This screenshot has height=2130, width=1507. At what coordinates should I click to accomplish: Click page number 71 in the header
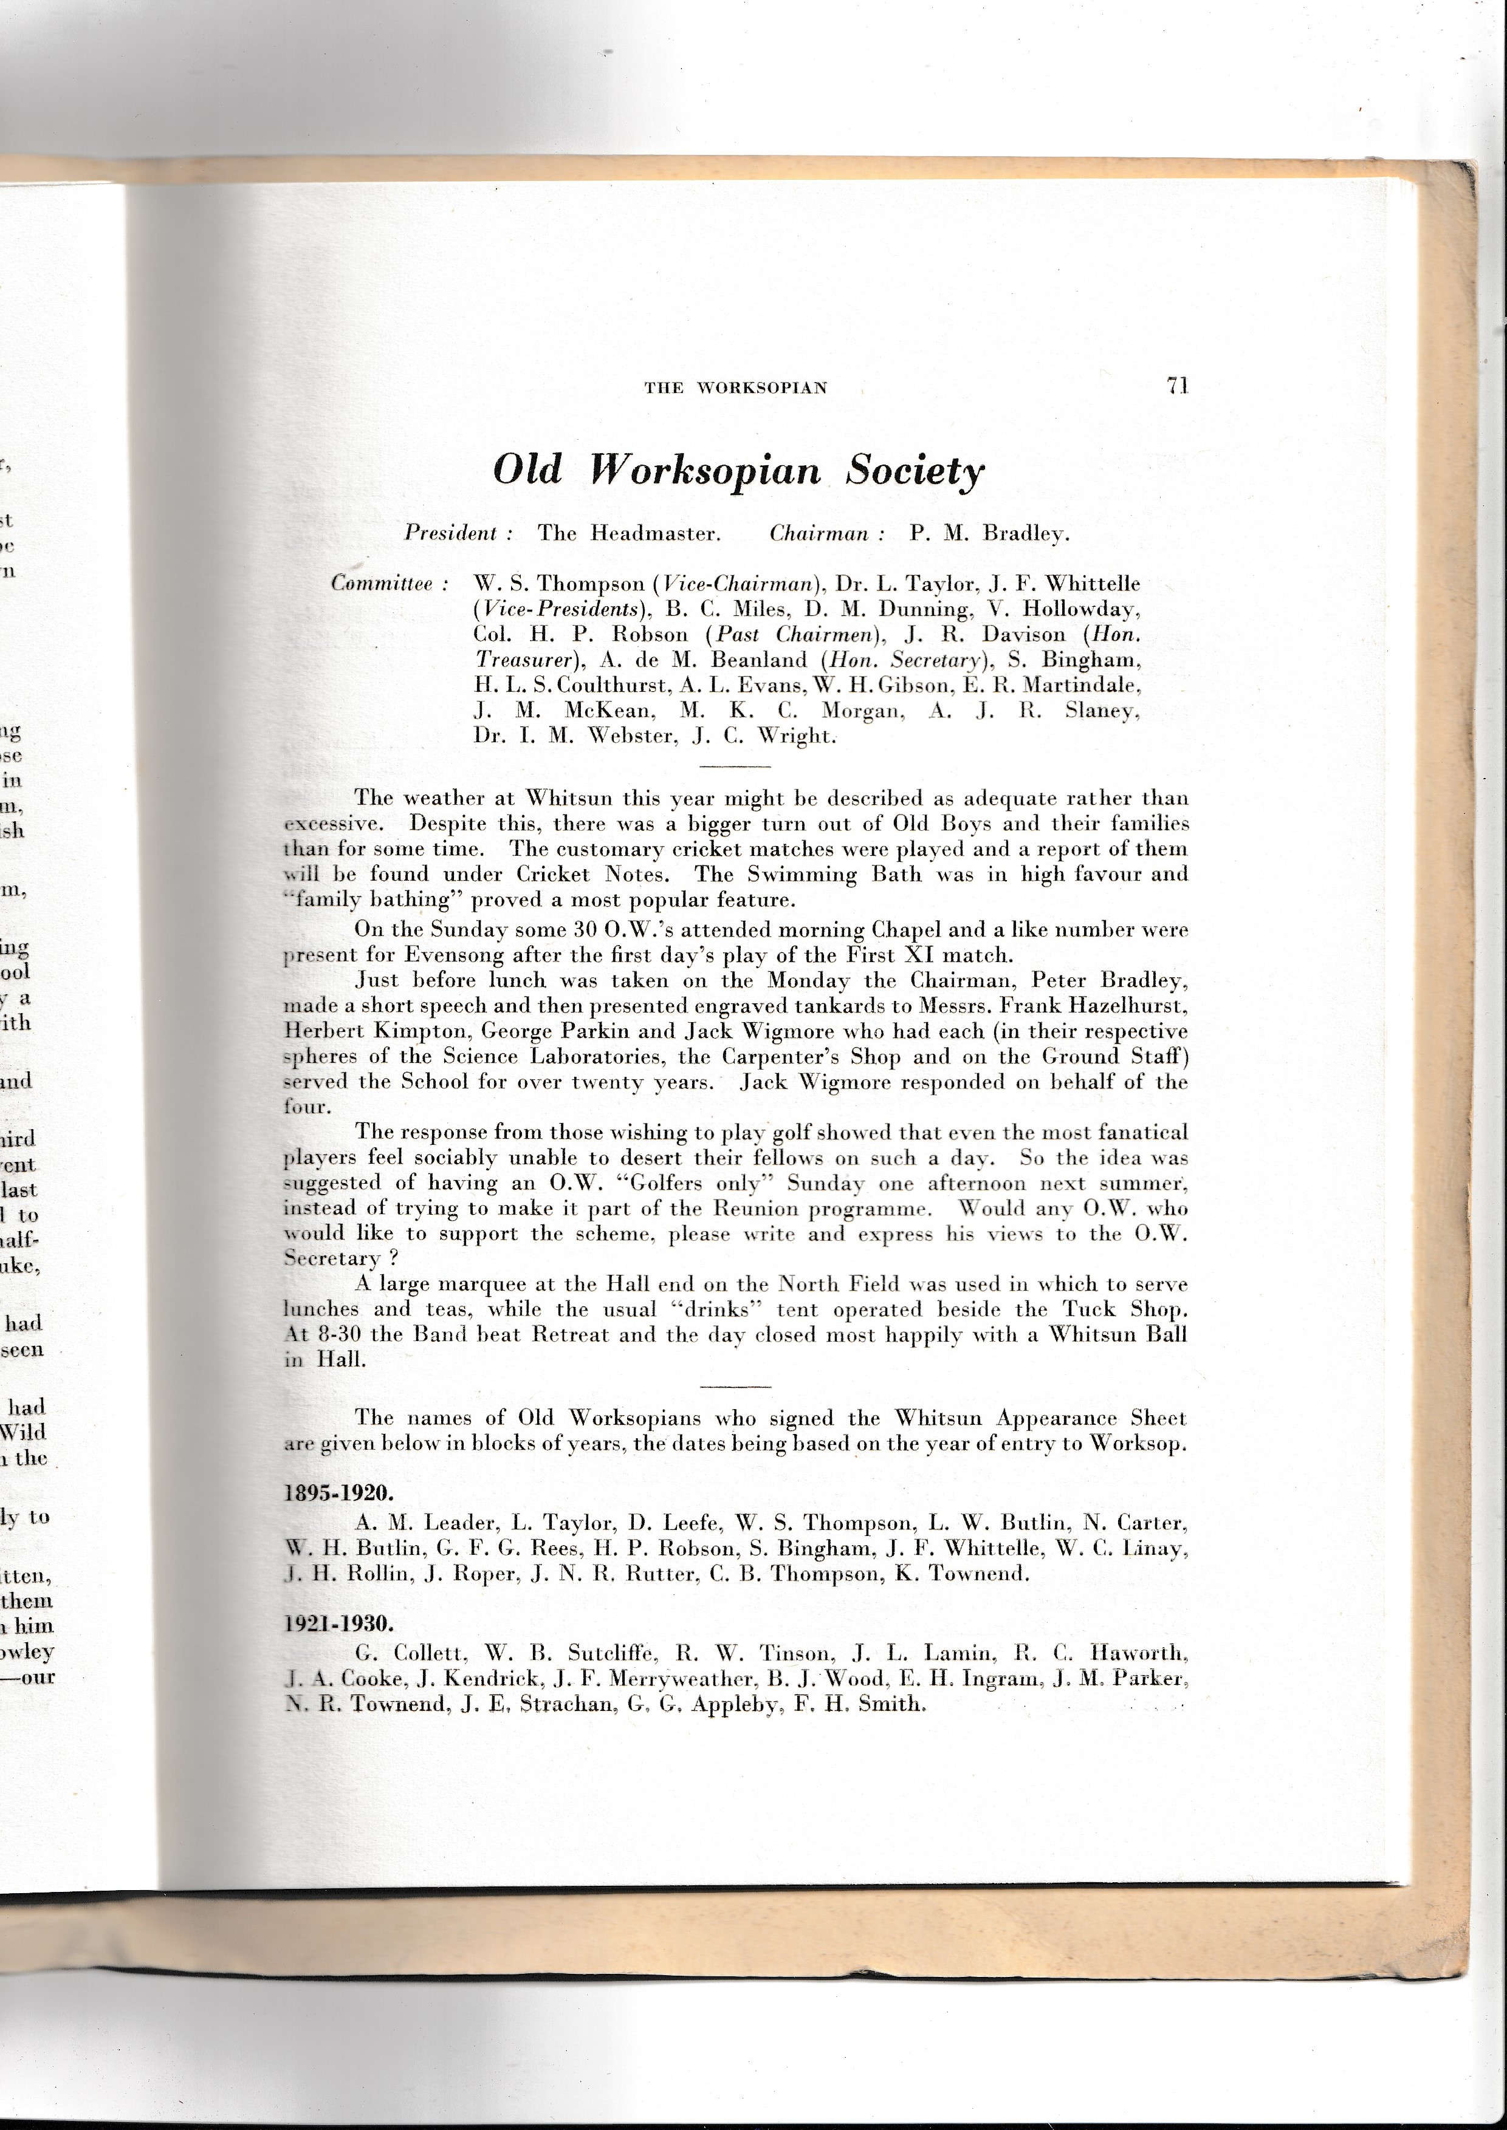click(x=1178, y=386)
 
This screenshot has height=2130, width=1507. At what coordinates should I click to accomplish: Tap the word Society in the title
click(x=914, y=471)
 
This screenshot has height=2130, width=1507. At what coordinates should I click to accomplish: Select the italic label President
click(x=451, y=533)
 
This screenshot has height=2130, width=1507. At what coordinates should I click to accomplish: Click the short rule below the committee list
click(x=735, y=766)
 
